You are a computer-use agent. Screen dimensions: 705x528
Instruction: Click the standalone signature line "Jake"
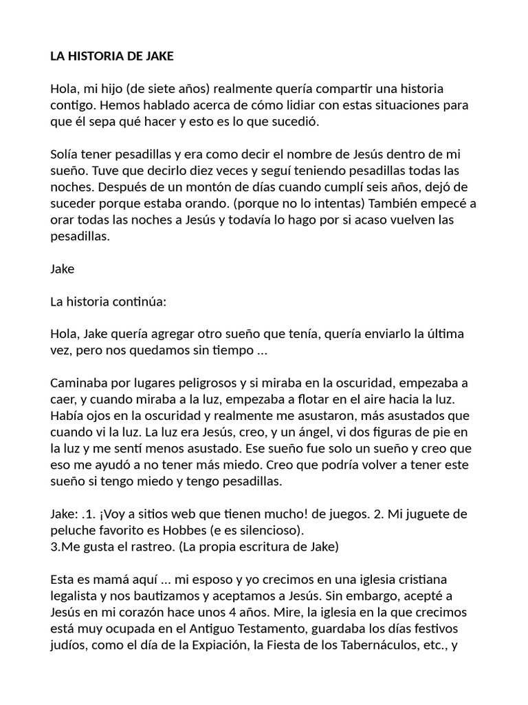62,269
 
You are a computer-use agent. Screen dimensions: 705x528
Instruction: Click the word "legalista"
74,597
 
